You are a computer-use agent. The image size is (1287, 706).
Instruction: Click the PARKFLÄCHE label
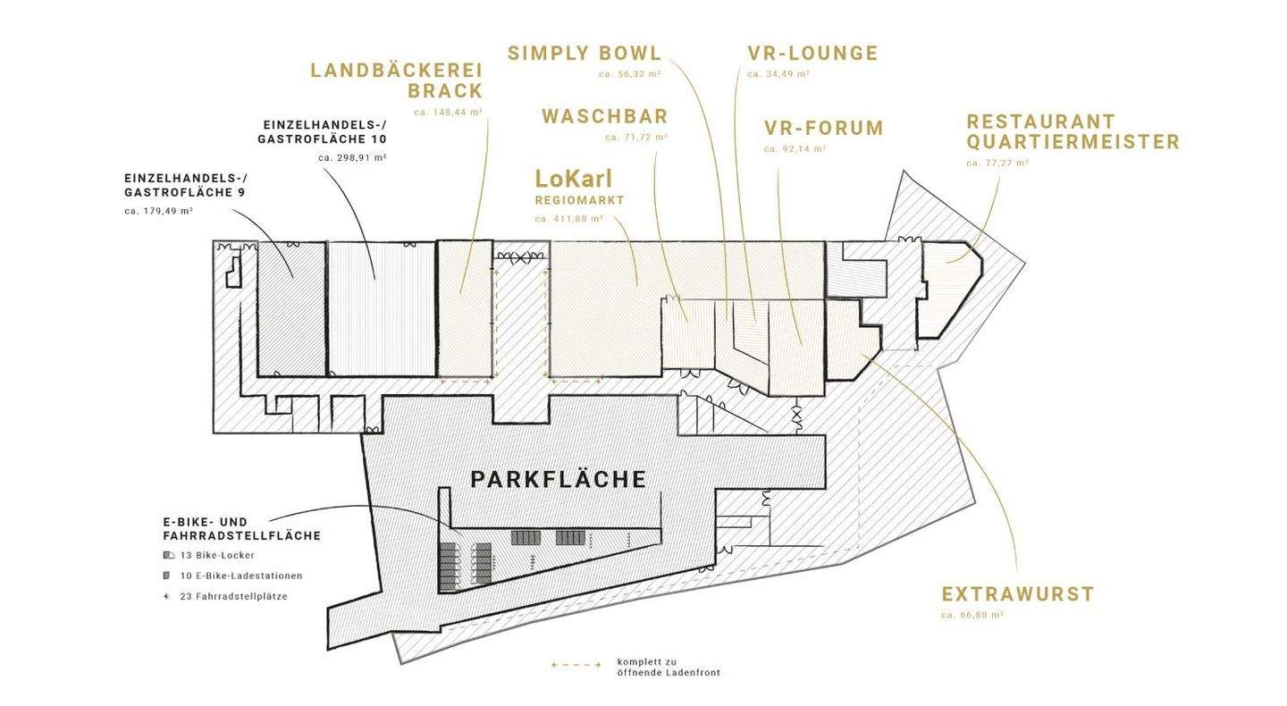point(558,480)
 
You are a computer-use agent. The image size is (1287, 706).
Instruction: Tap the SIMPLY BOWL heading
point(585,54)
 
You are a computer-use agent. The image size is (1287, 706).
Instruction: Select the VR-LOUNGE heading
point(812,54)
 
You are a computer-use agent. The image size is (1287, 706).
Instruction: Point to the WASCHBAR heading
point(604,116)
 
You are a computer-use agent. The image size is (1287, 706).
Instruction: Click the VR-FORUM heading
point(823,128)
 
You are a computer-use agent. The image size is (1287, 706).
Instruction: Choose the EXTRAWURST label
point(1017,594)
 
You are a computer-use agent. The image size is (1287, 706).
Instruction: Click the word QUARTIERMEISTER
point(1072,142)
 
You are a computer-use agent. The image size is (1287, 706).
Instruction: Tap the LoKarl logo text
point(574,179)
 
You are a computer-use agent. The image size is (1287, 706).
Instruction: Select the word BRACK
point(445,91)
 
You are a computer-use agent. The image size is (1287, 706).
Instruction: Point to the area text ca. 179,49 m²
point(158,212)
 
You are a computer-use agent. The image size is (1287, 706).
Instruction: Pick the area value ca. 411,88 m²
point(568,219)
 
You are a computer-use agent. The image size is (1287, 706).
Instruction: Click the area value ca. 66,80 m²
point(972,615)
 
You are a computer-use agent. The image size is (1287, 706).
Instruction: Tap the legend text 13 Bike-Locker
point(216,556)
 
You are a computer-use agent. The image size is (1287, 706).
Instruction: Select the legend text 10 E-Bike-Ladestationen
point(240,576)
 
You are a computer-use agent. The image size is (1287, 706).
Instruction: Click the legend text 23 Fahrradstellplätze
point(233,596)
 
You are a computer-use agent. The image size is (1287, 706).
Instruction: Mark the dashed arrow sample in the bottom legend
point(576,665)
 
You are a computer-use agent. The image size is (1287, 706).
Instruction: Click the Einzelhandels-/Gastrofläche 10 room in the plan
point(382,309)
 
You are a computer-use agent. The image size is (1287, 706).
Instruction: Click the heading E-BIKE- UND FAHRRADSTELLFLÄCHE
point(242,529)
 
